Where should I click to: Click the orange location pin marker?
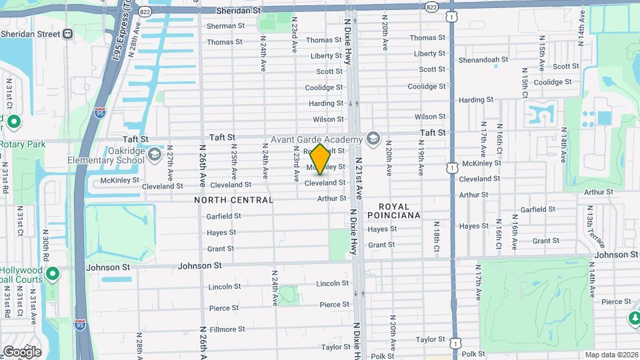tap(320, 160)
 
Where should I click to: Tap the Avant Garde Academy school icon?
tap(373, 139)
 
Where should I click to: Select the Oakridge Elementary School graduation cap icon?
tap(155, 155)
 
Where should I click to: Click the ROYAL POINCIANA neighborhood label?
tap(400, 211)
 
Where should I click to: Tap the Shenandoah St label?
tap(483, 59)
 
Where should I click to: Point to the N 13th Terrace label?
tap(589, 226)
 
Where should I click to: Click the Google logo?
tap(22, 352)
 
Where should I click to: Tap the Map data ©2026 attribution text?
tap(612, 355)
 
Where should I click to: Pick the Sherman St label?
tap(225, 26)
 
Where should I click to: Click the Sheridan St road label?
tap(239, 11)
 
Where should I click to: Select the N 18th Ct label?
tap(435, 237)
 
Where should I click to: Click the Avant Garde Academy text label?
tap(316, 139)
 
